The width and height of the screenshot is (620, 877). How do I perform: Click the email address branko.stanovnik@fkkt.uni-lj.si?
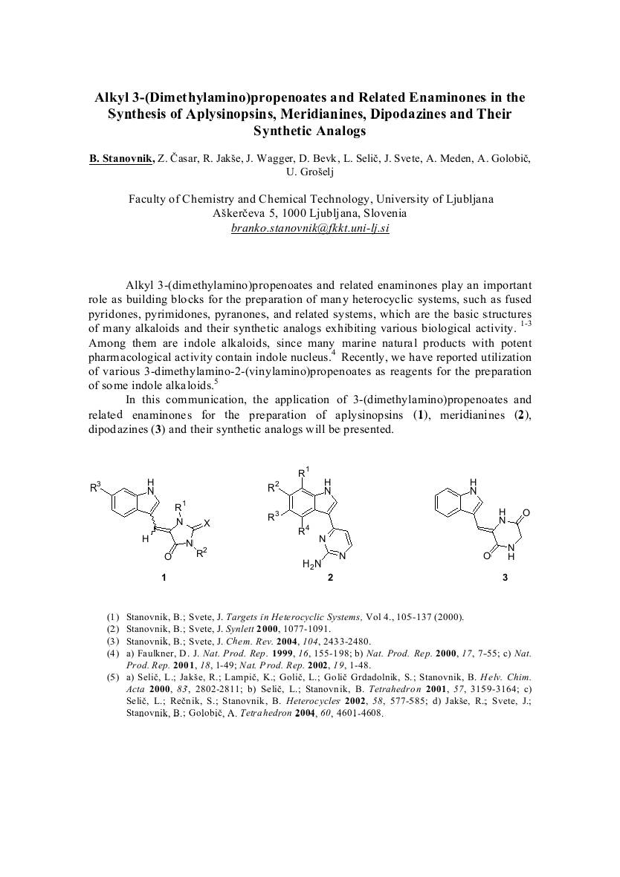coord(310,228)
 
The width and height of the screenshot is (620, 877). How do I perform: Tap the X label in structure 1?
coord(207,524)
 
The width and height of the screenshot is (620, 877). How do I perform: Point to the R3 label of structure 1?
coord(94,488)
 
